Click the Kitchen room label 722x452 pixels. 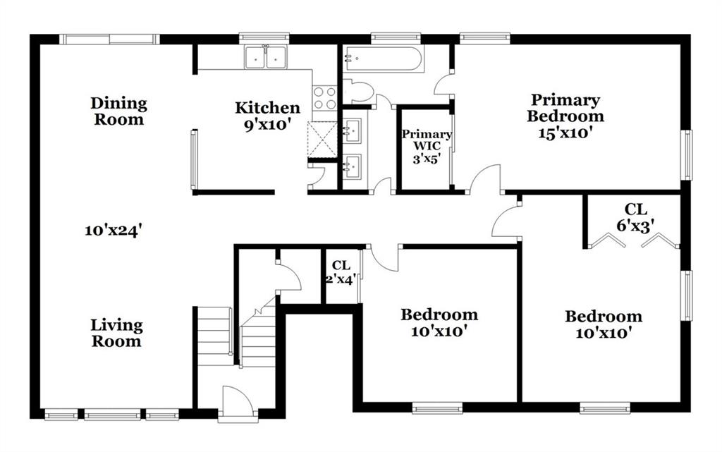click(x=267, y=108)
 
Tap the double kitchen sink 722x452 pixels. click(x=266, y=57)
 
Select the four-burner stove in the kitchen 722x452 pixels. click(x=324, y=98)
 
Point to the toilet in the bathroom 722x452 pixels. click(x=359, y=91)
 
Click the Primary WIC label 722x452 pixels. click(x=427, y=146)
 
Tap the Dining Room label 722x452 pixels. click(x=118, y=111)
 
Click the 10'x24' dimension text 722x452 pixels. click(x=112, y=230)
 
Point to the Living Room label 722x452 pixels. click(x=116, y=333)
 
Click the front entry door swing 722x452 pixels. click(x=237, y=403)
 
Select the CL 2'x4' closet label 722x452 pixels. click(x=341, y=272)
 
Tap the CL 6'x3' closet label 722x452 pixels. click(x=635, y=216)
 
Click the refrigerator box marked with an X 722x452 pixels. click(x=322, y=139)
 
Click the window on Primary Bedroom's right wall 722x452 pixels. click(x=687, y=154)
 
